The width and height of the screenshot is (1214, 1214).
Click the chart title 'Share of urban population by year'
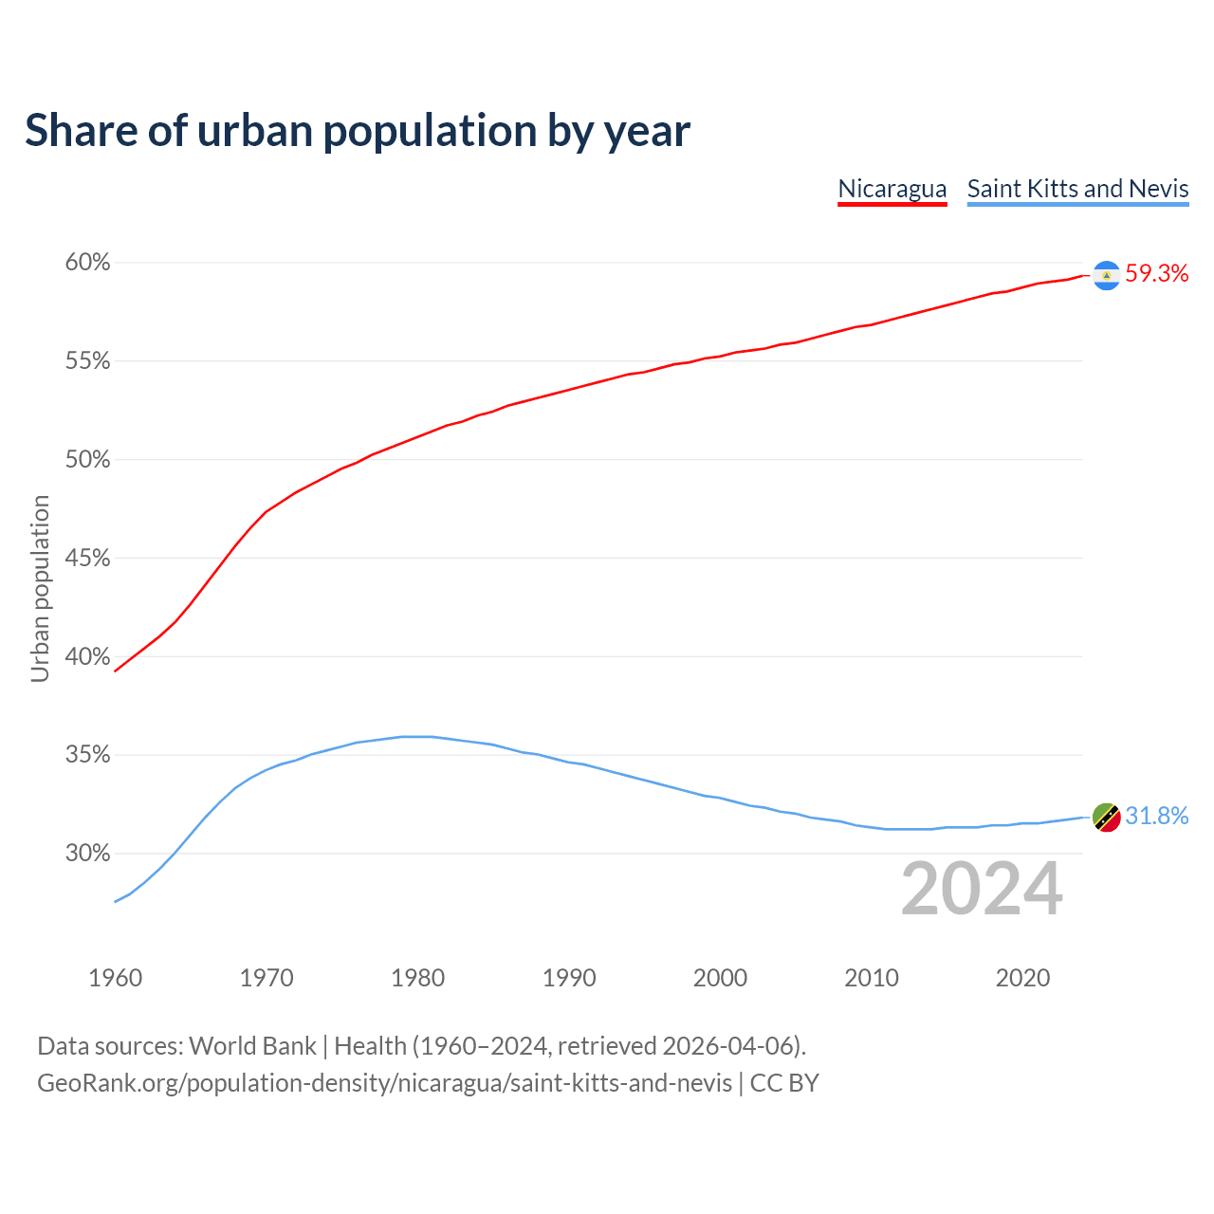358,130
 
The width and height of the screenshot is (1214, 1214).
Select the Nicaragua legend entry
892,189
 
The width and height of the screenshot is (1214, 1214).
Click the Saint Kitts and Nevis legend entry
1077,189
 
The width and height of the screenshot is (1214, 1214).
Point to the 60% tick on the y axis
87,263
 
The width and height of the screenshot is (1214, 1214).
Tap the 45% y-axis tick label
87,559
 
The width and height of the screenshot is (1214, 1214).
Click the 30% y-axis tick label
87,854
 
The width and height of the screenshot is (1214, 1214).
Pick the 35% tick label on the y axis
87,755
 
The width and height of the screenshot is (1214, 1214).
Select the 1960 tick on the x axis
115,978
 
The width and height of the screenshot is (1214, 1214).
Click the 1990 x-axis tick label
569,978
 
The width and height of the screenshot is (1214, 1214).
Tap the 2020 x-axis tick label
1022,978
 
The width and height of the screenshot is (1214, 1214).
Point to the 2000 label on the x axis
720,978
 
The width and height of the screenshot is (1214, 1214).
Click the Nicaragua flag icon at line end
1106,275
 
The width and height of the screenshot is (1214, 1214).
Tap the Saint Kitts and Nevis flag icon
1106,817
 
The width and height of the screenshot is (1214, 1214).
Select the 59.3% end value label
1156,274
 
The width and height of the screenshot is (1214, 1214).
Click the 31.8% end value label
1156,817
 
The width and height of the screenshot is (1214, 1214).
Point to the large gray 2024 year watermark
982,889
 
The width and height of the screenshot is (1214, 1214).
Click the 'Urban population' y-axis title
40,588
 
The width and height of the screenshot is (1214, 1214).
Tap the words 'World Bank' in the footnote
252,1046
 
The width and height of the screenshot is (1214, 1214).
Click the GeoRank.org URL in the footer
384,1083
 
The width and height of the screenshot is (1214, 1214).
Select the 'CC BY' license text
784,1083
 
